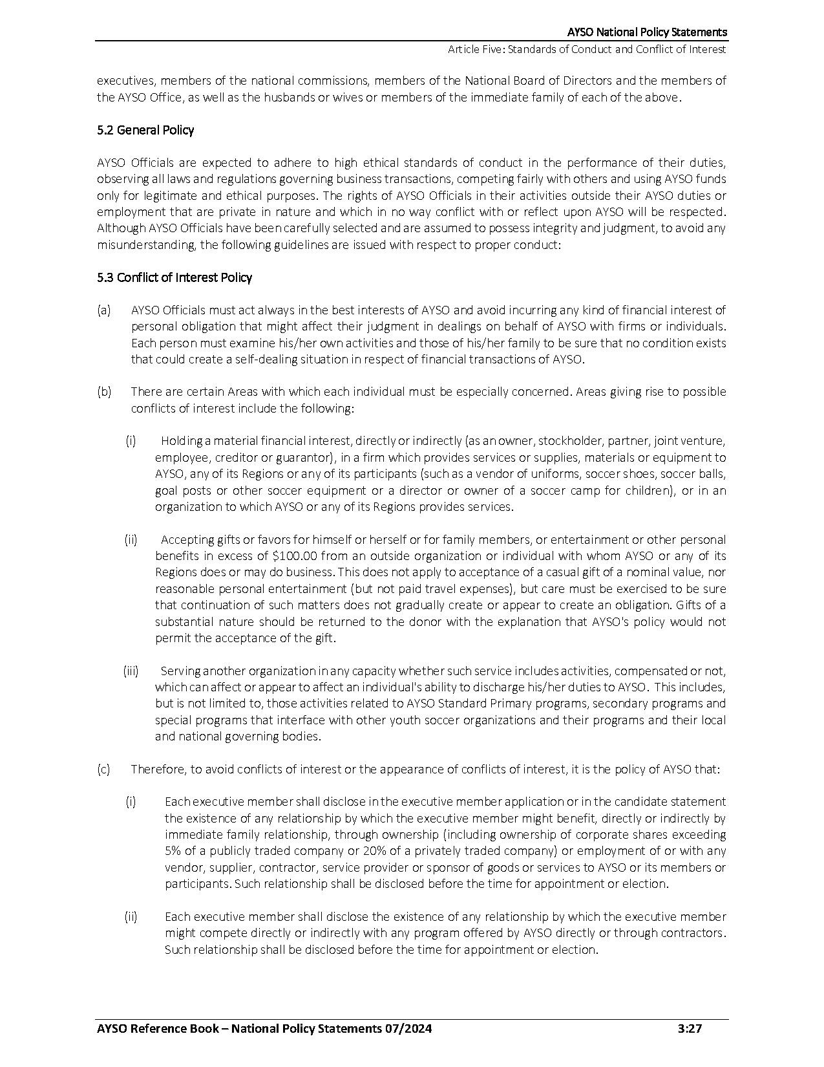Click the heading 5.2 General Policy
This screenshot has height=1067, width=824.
(145, 130)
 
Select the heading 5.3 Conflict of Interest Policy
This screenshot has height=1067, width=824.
(174, 277)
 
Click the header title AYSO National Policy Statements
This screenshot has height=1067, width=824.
(647, 32)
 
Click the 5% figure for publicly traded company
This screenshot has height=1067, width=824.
(174, 850)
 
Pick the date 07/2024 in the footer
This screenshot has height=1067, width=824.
(408, 1028)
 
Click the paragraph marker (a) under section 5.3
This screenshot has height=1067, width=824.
(103, 310)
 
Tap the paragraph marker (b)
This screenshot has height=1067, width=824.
(104, 392)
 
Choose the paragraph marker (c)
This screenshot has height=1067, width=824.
(103, 769)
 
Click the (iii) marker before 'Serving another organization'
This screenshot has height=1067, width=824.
(131, 671)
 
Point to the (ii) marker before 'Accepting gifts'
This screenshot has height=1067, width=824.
(131, 539)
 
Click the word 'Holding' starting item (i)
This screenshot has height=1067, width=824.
(182, 441)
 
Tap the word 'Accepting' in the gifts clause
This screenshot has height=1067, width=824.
(185, 539)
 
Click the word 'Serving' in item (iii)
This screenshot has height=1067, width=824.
(180, 671)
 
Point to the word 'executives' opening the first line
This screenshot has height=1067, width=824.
(125, 81)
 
